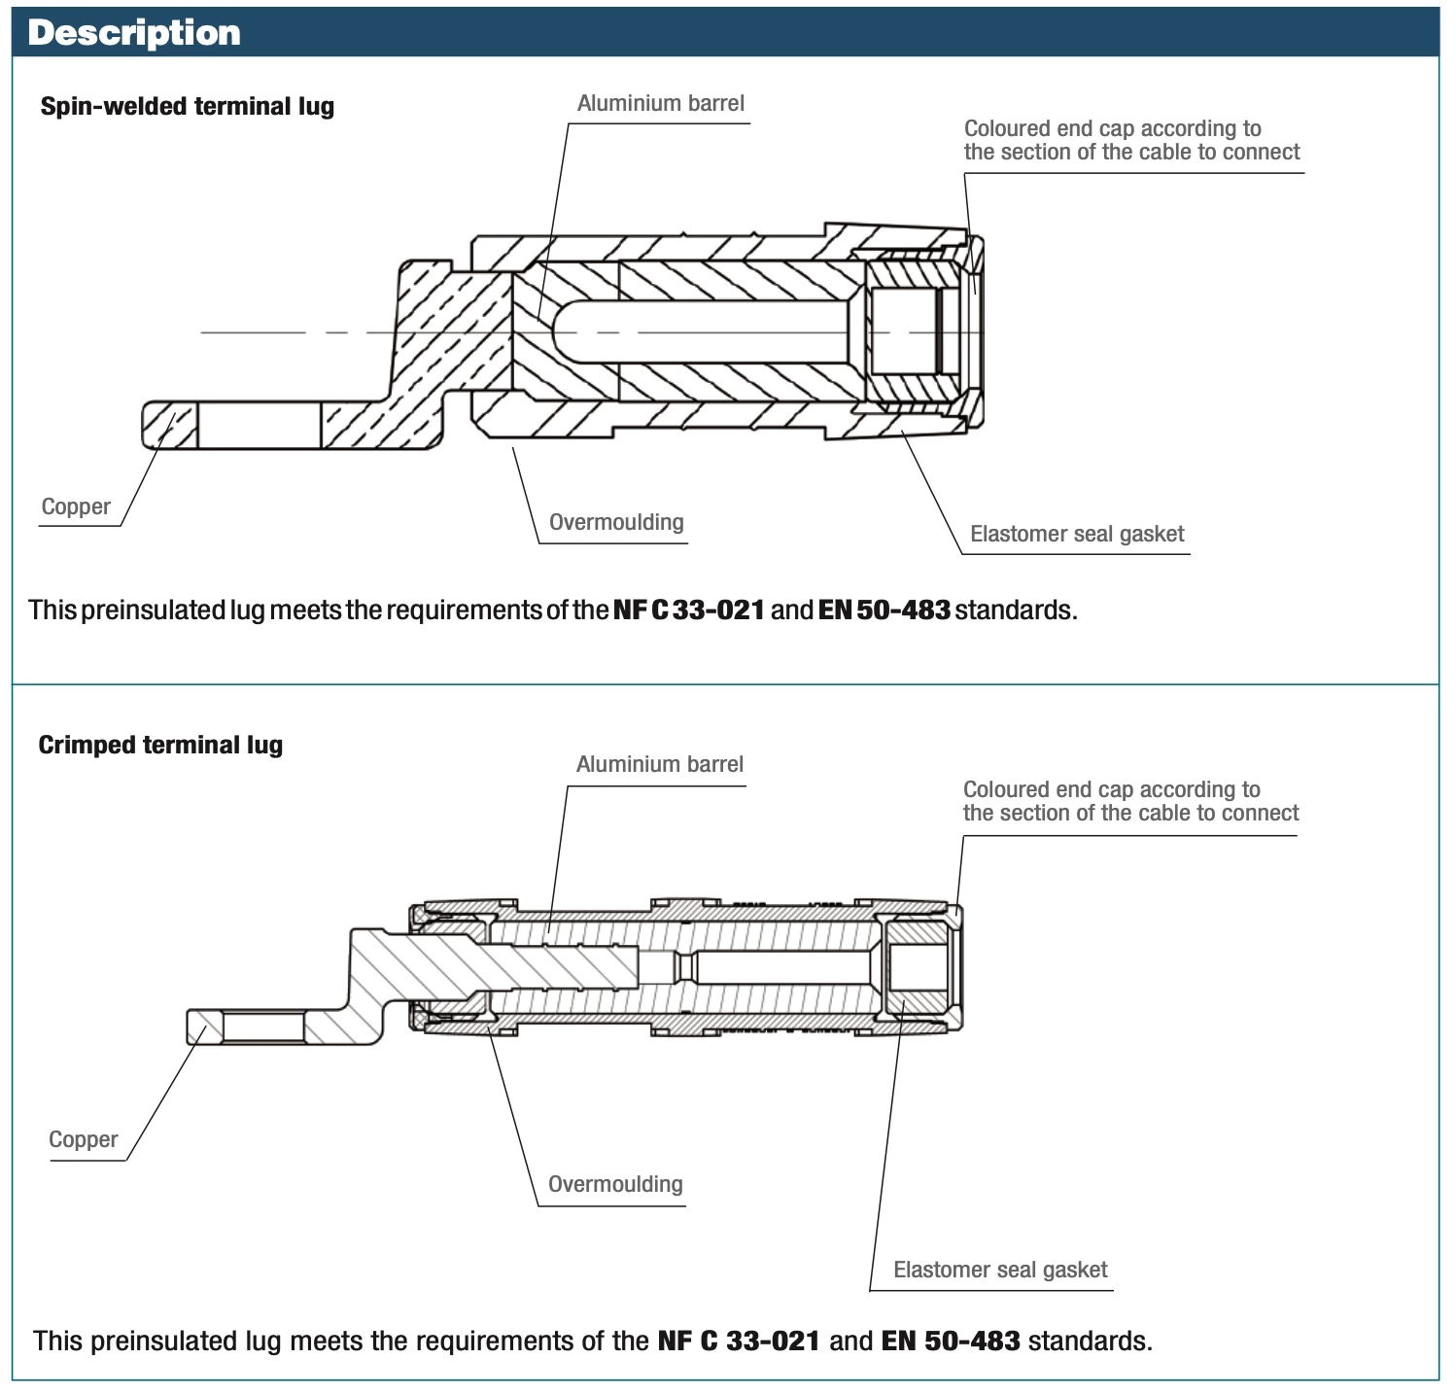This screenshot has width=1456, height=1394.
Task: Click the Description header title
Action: (x=134, y=33)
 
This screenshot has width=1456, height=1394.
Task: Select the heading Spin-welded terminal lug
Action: (x=187, y=106)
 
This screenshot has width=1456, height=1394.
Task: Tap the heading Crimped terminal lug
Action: (x=160, y=745)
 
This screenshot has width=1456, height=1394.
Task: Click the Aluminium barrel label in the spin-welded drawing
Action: (x=660, y=103)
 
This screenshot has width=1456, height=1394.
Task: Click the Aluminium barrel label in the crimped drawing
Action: (x=659, y=764)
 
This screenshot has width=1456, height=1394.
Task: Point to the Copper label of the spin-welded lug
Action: (x=76, y=506)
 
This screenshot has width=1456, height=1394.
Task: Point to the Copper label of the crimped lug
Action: (x=83, y=1139)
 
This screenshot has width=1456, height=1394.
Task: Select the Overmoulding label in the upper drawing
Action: (x=616, y=522)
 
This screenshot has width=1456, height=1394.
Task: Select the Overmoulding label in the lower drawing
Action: (x=615, y=1184)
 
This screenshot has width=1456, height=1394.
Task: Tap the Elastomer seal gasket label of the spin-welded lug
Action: (x=1077, y=534)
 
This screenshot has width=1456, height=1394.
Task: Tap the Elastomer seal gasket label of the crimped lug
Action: (x=1000, y=1270)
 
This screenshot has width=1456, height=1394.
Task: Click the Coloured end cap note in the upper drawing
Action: (x=1131, y=140)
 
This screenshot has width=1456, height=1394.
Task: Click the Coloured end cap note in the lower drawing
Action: (x=1130, y=801)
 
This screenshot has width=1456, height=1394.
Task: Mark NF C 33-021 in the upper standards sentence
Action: (x=688, y=610)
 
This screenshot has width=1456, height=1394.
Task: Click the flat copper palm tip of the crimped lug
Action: (x=204, y=1028)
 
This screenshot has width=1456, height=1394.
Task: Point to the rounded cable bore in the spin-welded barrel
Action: (x=700, y=332)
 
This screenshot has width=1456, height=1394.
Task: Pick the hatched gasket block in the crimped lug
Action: (x=918, y=967)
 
